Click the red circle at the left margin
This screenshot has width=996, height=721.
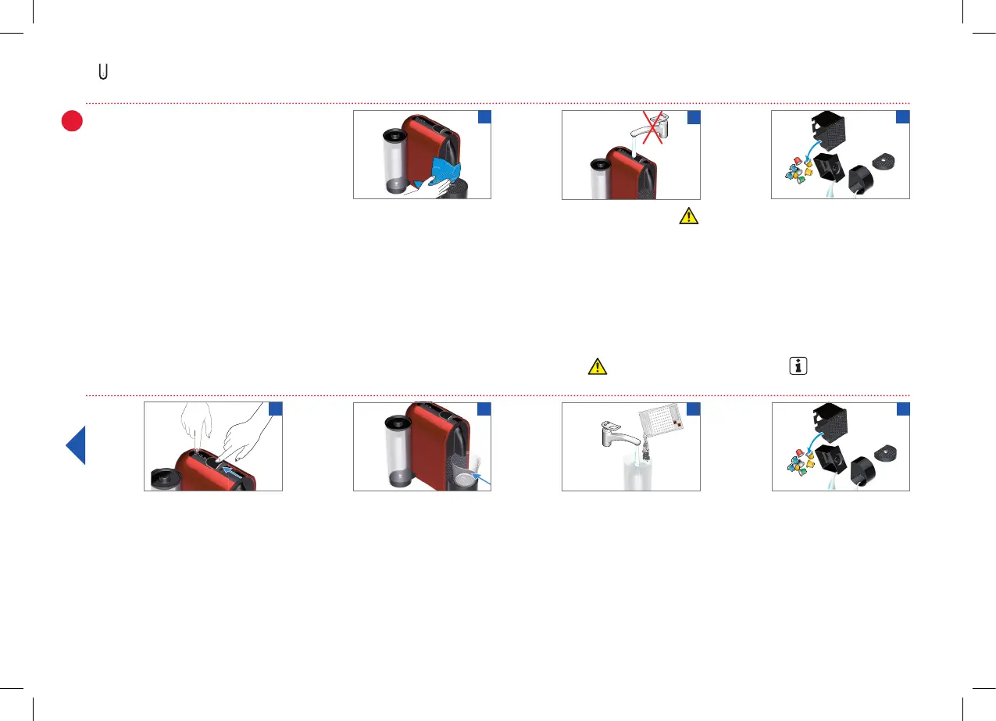tap(73, 122)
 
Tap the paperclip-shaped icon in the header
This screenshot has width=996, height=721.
tap(103, 72)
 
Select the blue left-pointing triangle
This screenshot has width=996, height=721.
tap(76, 445)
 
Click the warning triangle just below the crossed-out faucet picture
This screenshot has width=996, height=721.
tap(688, 217)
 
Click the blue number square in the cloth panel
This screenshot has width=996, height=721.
tap(484, 117)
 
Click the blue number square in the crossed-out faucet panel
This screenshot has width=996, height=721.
tap(693, 117)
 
